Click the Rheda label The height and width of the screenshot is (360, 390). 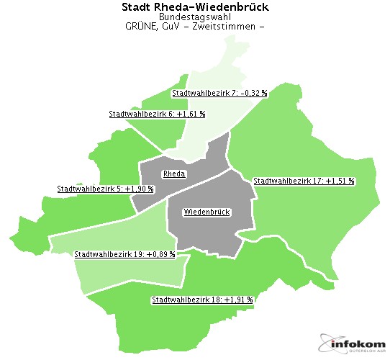coord(174,174)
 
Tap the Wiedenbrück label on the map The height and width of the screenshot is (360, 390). coord(206,212)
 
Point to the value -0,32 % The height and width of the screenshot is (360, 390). coord(254,93)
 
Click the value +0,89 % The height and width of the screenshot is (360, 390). coord(161,253)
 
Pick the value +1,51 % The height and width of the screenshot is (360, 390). coord(340,181)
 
